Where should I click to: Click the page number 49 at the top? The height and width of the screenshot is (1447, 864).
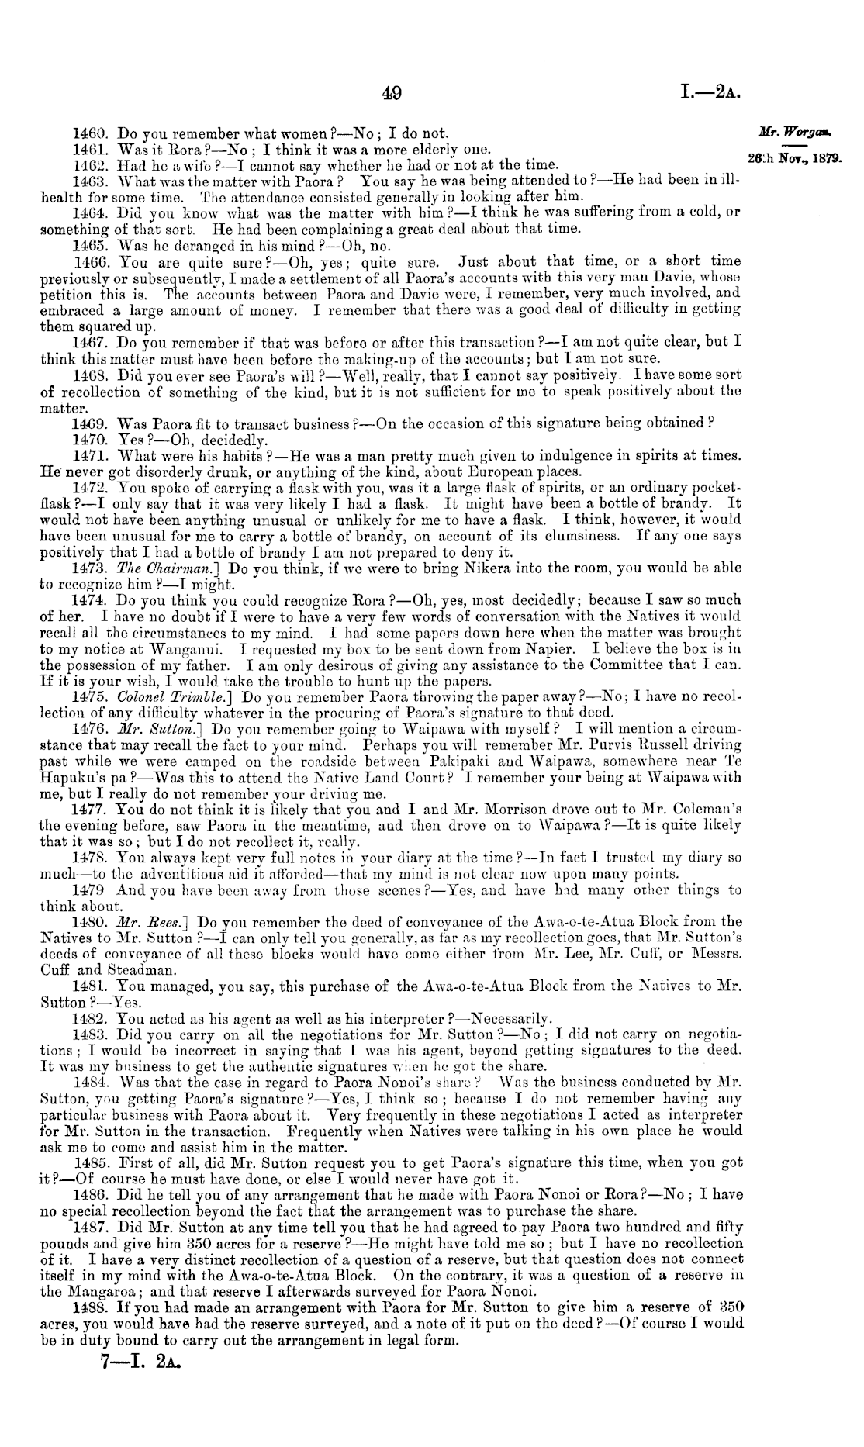point(392,94)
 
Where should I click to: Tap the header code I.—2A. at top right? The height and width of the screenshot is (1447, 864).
point(710,94)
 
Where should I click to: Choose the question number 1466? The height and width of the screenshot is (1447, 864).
point(87,261)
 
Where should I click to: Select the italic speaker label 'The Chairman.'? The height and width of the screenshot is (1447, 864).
point(161,568)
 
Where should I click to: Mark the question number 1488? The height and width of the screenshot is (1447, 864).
point(87,1307)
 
